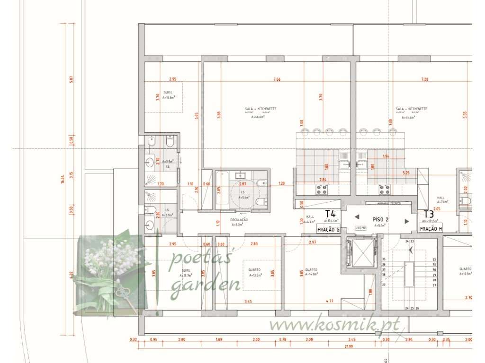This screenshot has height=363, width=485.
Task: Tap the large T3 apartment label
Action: click(429, 214)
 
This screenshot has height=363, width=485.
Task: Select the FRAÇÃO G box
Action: click(329, 229)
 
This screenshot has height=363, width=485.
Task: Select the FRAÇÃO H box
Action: click(431, 229)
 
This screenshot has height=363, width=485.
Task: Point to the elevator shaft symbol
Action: click(361, 253)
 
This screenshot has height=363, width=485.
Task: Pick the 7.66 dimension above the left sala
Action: click(277, 79)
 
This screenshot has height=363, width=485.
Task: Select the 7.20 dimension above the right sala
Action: click(425, 79)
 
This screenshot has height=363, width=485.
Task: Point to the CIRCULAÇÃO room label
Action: click(239, 220)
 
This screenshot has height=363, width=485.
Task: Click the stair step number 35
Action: click(384, 259)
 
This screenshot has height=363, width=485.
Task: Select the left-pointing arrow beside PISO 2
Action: click(357, 218)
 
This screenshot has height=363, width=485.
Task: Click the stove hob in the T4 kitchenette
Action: click(322, 190)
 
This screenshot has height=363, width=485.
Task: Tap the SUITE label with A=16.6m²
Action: click(168, 92)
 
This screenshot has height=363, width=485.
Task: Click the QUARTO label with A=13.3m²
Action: click(255, 270)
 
